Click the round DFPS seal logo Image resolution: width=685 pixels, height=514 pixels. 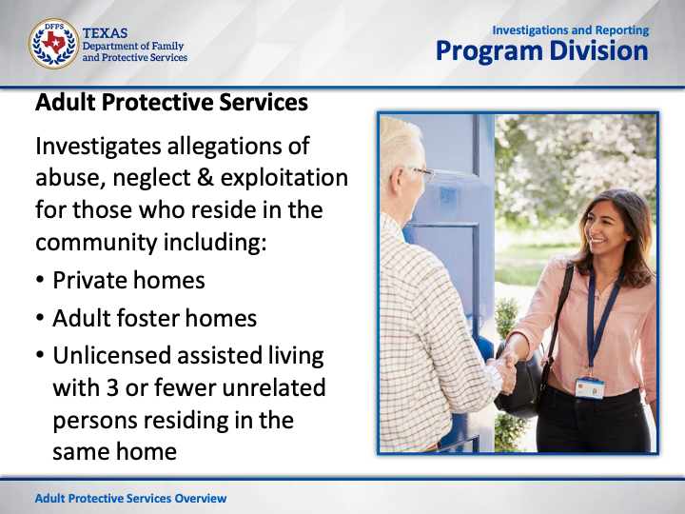(53, 44)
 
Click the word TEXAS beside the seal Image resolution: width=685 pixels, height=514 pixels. (105, 32)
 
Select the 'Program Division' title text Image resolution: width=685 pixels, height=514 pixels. (541, 51)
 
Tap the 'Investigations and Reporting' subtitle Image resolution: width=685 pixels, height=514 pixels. (571, 30)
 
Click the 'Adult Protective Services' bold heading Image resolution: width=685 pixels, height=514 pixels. (171, 102)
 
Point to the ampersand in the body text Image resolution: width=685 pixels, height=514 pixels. (205, 178)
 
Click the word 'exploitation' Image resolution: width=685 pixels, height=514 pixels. (284, 178)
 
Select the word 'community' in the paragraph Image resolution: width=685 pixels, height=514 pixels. (96, 243)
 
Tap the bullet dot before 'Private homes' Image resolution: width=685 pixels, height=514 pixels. (40, 280)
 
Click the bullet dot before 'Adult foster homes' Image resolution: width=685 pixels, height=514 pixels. (40, 318)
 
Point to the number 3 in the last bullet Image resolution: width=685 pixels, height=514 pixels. (112, 387)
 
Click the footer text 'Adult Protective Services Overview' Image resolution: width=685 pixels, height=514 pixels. (130, 498)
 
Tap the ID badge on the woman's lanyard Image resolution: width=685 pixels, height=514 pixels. (589, 388)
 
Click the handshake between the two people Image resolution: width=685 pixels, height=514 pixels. (503, 369)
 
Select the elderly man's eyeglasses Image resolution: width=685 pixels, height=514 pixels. (422, 174)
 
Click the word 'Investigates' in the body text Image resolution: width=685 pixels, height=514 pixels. (98, 147)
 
